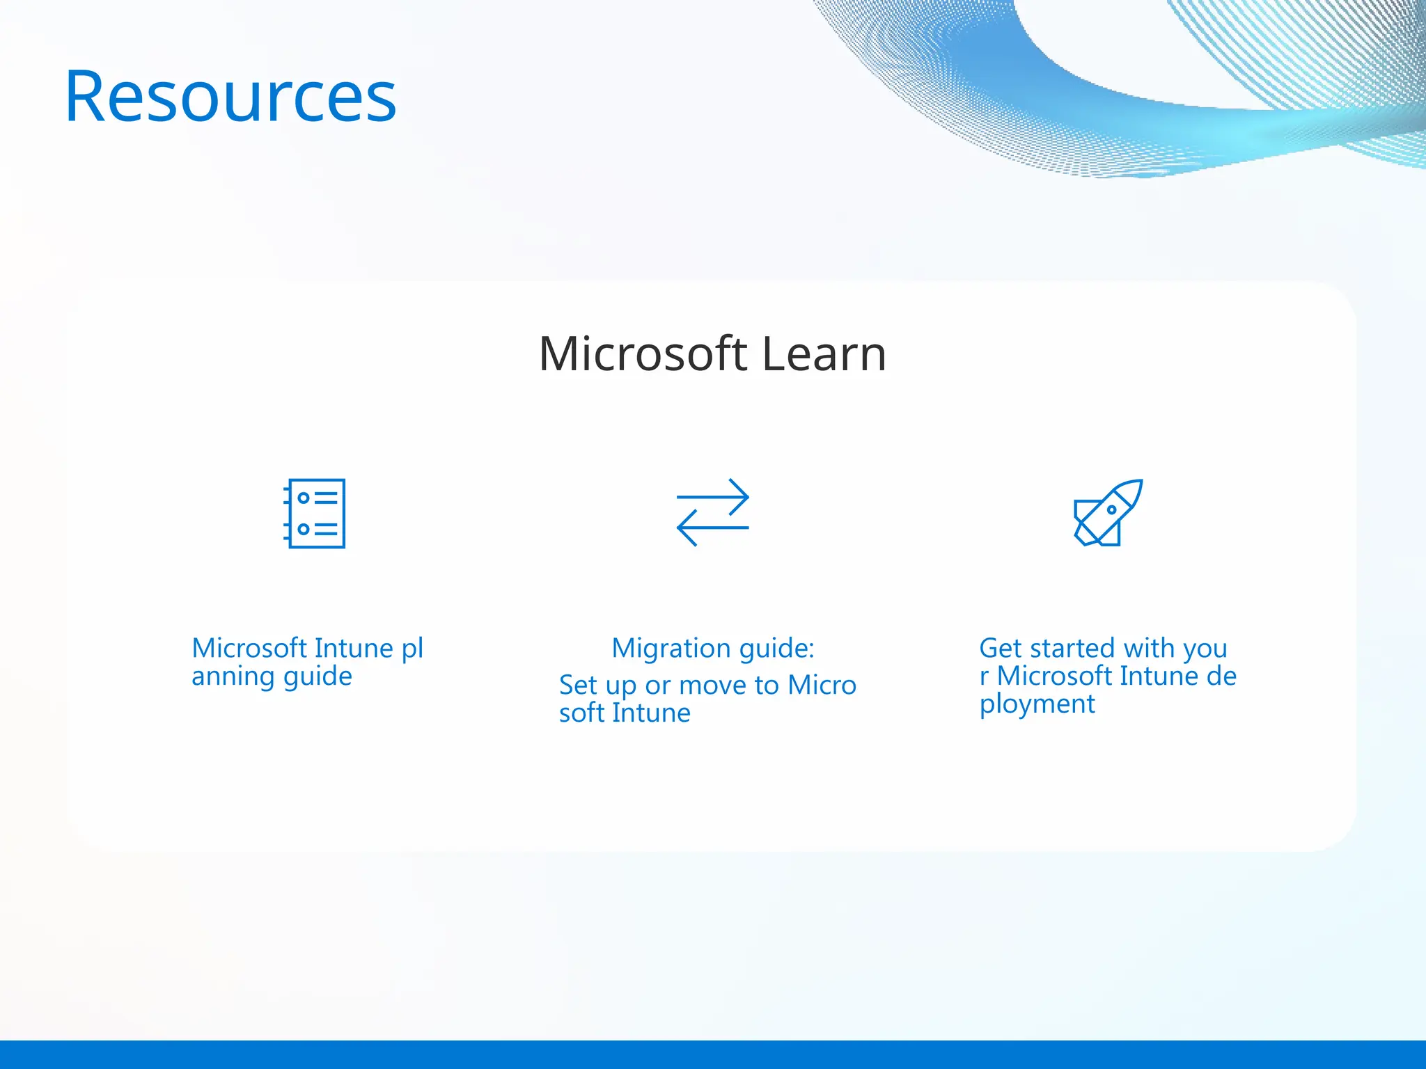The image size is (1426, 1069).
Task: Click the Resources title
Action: point(230,97)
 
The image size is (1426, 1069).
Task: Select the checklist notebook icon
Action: point(315,514)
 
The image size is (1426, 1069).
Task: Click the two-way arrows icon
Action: point(712,512)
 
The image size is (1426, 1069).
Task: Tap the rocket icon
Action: point(1108,513)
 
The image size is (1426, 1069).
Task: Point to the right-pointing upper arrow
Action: point(713,497)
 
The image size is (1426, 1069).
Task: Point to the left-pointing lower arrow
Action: point(712,528)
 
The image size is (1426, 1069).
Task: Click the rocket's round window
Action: point(1111,509)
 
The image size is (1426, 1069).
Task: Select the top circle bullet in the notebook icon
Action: point(304,498)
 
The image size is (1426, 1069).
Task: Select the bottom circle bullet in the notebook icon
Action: point(304,529)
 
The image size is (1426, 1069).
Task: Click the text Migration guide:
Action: point(712,649)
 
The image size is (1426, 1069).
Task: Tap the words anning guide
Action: point(272,676)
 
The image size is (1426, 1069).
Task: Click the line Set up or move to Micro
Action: point(707,686)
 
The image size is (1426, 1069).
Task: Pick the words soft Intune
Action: point(625,713)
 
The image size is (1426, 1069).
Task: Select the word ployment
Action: point(1037,704)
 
